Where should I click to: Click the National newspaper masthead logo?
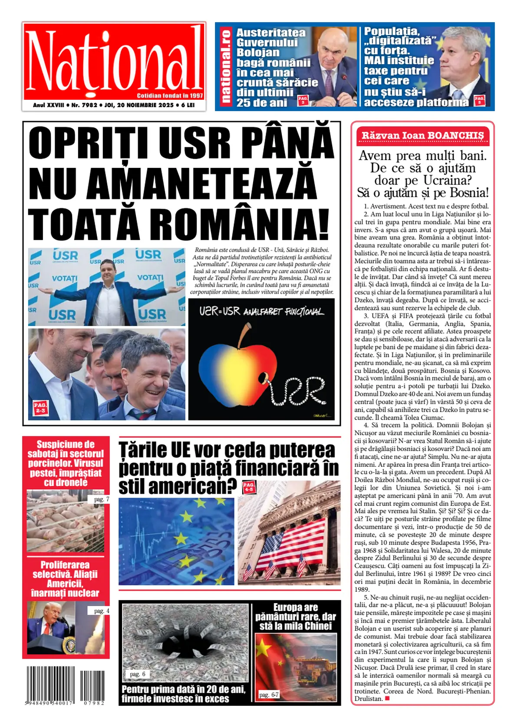pyautogui.click(x=114, y=61)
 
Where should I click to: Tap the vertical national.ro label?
pyautogui.click(x=225, y=66)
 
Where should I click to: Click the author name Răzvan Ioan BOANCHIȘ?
pyautogui.click(x=422, y=135)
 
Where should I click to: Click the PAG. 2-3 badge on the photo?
pyautogui.click(x=40, y=407)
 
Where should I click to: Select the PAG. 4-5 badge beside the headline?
pyautogui.click(x=249, y=486)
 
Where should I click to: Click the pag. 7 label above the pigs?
pyautogui.click(x=101, y=499)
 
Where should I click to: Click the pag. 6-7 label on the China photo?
pyautogui.click(x=269, y=695)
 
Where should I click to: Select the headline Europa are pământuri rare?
pyautogui.click(x=296, y=617)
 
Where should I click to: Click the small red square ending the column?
pyautogui.click(x=387, y=698)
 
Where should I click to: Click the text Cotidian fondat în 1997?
pyautogui.click(x=170, y=95)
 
